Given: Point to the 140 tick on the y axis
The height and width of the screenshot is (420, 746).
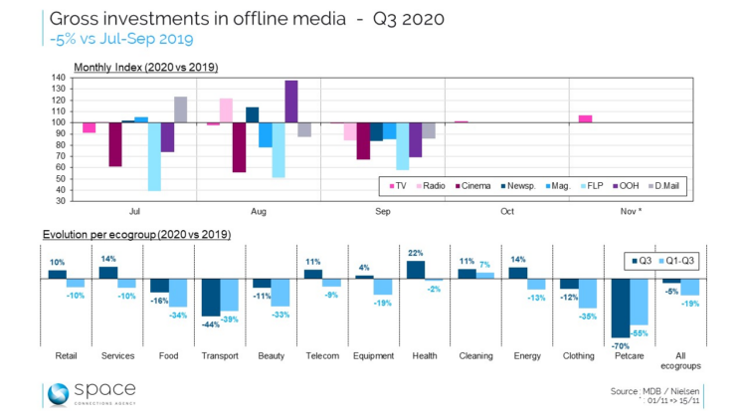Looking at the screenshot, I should [x=60, y=78].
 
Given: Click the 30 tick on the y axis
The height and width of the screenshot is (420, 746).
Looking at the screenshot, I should [x=62, y=201].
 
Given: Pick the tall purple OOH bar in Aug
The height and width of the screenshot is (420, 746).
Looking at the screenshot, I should [x=291, y=102].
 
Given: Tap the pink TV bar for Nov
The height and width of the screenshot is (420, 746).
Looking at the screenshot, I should [x=585, y=119].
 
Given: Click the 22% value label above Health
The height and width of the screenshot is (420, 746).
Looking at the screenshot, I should [x=416, y=253].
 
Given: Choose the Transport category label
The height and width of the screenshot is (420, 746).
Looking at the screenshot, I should [x=220, y=354].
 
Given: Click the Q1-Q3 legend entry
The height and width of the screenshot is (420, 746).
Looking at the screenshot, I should [x=678, y=262].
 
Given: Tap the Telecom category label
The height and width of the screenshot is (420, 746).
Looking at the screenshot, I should [x=322, y=354].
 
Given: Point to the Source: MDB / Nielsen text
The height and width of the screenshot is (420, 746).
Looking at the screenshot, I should [x=655, y=391].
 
